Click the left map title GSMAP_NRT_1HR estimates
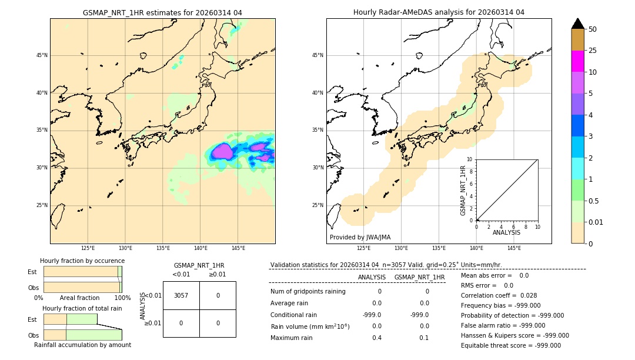click(x=162, y=12)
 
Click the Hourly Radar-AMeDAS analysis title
click(x=439, y=12)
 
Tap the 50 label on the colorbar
click(x=593, y=29)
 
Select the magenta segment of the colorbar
click(x=577, y=61)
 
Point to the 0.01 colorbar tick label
click(x=596, y=222)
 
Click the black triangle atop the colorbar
click(x=577, y=23)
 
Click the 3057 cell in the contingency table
click(x=181, y=295)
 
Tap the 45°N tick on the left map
click(x=42, y=55)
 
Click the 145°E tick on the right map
click(x=514, y=248)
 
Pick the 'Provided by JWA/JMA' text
click(x=360, y=238)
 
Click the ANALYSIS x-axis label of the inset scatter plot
click(x=506, y=232)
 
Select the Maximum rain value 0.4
click(x=377, y=338)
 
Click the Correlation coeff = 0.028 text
click(x=499, y=295)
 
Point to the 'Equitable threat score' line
click(x=510, y=345)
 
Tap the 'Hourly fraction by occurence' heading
click(x=82, y=261)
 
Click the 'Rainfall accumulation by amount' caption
click(x=82, y=345)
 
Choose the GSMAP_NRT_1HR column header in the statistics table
click(x=419, y=277)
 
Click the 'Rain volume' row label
click(x=310, y=326)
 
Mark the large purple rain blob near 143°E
click(x=222, y=152)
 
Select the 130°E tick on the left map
click(x=125, y=248)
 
